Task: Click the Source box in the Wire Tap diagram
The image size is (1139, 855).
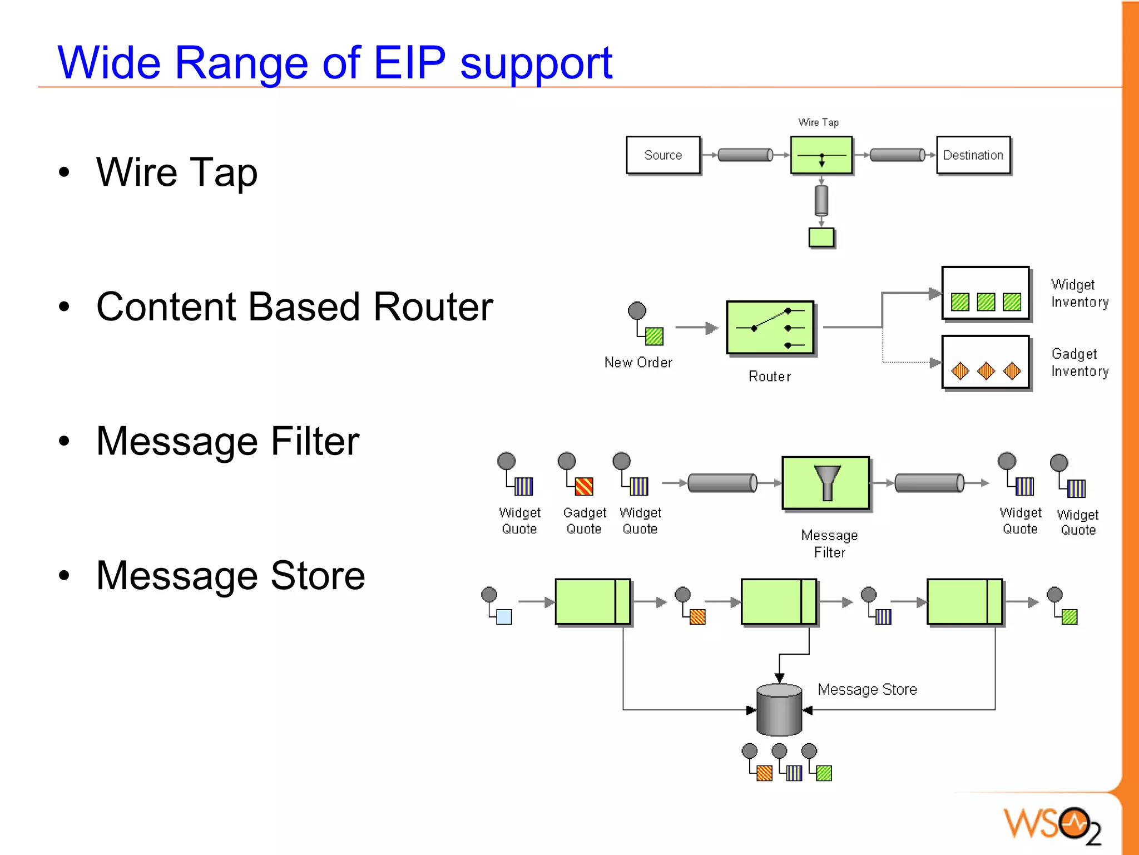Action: click(x=662, y=155)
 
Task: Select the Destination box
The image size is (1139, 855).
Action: click(x=973, y=155)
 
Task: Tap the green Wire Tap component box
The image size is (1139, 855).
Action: click(x=821, y=155)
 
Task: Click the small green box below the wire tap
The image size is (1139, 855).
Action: click(x=821, y=238)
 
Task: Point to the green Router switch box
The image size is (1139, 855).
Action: click(x=770, y=328)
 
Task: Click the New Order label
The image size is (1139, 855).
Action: click(x=638, y=363)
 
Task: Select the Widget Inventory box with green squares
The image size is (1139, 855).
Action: click(x=985, y=293)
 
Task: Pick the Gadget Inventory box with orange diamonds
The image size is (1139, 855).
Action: click(x=985, y=362)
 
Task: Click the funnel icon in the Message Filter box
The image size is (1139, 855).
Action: click(x=827, y=482)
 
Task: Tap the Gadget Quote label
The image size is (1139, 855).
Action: click(x=584, y=521)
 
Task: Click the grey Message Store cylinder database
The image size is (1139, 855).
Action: click(x=779, y=710)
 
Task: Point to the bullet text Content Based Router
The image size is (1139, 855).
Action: click(x=294, y=307)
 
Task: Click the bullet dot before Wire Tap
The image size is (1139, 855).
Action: click(x=65, y=172)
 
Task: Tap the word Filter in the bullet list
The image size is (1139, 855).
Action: click(x=315, y=441)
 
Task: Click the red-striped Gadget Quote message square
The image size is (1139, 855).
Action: click(x=584, y=487)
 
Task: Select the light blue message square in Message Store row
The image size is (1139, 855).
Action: click(x=504, y=617)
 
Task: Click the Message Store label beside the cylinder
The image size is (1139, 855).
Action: click(x=866, y=689)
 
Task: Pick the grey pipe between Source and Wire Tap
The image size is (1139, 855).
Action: click(x=745, y=155)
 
